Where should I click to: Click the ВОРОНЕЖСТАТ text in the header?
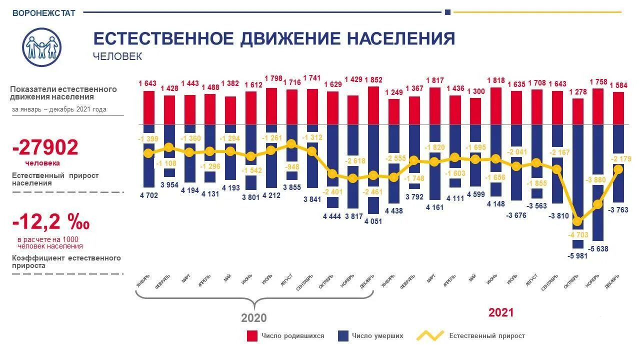(43, 13)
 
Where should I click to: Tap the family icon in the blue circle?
(42, 47)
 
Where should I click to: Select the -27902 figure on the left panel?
(45, 147)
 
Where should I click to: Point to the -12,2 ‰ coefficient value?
(51, 221)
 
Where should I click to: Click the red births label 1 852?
(373, 79)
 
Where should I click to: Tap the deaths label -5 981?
(577, 255)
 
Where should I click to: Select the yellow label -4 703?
(578, 234)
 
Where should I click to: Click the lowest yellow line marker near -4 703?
(578, 221)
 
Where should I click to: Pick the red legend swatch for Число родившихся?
(252, 336)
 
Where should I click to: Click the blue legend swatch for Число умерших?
(342, 336)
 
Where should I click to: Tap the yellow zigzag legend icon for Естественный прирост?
(430, 336)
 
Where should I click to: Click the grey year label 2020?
(254, 318)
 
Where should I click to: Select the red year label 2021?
(501, 312)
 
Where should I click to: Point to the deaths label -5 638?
(598, 248)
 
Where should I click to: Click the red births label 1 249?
(394, 92)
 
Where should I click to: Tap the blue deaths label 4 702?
(148, 195)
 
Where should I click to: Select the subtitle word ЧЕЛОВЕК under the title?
(117, 56)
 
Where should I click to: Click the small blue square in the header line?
(447, 12)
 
